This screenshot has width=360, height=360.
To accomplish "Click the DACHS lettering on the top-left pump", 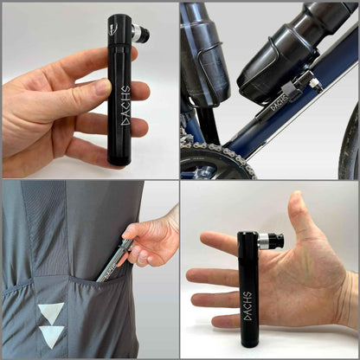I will click(125, 106).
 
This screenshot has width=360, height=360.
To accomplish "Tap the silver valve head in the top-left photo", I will click(138, 34).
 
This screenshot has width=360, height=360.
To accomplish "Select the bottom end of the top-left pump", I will click(119, 159).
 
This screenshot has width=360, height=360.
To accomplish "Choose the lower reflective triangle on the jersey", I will click(51, 336).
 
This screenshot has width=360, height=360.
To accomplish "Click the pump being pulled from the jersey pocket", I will click(116, 259).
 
